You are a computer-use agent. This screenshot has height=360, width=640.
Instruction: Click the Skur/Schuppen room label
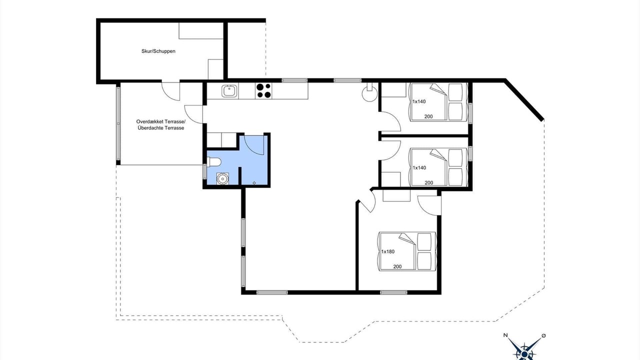point(158,51)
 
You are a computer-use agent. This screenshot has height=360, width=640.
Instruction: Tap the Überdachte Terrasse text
point(161,128)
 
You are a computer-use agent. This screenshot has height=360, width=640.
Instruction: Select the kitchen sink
point(229,91)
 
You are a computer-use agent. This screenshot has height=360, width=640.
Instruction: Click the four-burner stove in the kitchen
point(263,90)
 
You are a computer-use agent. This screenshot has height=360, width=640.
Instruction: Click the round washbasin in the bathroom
point(222,178)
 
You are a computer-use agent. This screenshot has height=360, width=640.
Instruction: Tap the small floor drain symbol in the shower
point(254,183)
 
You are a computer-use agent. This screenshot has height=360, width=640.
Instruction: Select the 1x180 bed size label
point(387,251)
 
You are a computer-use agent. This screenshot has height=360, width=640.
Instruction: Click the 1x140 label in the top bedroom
point(419,101)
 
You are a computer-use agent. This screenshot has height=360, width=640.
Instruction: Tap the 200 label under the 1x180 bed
point(397,266)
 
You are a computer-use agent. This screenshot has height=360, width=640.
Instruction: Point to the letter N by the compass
point(505,335)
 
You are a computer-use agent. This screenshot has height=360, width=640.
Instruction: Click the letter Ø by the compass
point(543,335)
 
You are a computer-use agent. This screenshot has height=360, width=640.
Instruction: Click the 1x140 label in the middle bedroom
point(419,167)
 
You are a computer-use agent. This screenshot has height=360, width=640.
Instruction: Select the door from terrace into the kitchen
point(193,114)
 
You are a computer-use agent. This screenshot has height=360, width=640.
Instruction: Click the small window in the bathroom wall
point(204,171)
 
